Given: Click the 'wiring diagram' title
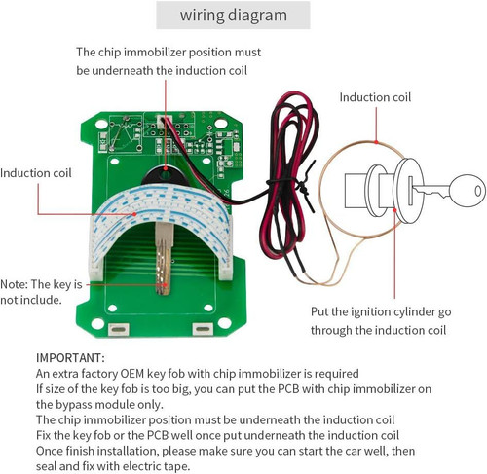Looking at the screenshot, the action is coord(234,16).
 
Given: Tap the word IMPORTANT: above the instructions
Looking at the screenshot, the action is coord(70,358).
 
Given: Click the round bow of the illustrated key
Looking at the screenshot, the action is coord(468,191).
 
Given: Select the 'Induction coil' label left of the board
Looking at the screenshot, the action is coord(36,173).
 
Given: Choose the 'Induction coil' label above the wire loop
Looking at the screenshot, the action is coord(375,97).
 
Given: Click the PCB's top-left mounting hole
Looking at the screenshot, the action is coord(101,124).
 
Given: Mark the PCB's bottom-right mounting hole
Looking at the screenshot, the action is coord(224,322).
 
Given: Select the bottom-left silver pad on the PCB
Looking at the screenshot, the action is coord(119,330).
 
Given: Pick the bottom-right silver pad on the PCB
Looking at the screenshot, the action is coord(203,329).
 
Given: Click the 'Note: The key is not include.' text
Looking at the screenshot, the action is coord(41,292).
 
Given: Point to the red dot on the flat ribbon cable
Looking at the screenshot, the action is coord(134,214).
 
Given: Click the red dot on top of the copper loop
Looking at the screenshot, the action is coord(376,141).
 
